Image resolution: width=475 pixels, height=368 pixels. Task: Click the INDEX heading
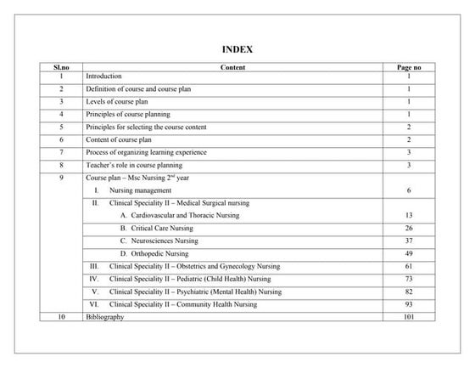[x=237, y=49]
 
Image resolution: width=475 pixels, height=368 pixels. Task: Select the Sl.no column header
[x=61, y=65]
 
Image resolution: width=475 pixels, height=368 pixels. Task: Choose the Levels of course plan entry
[x=117, y=101]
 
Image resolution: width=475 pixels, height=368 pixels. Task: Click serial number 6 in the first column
[x=61, y=139]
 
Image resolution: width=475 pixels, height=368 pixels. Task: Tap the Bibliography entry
[x=105, y=317]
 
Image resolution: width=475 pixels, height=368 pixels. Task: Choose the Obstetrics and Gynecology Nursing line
[x=194, y=267]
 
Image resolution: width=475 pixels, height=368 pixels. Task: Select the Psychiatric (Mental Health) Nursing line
[x=196, y=292]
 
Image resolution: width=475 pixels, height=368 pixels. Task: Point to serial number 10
[x=61, y=317]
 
